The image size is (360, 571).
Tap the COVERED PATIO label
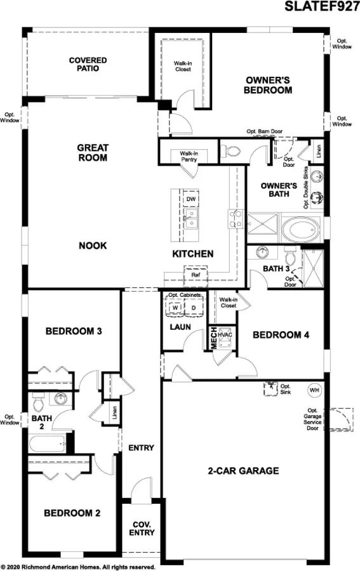88,64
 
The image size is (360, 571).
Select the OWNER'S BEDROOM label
268,85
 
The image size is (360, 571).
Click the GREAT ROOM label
93,152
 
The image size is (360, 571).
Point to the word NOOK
93,246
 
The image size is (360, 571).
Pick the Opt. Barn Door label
264,131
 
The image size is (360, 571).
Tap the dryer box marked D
194,308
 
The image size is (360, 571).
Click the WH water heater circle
314,389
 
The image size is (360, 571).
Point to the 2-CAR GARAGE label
243,471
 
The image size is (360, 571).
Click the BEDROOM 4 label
281,335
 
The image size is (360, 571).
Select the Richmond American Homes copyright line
78,566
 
